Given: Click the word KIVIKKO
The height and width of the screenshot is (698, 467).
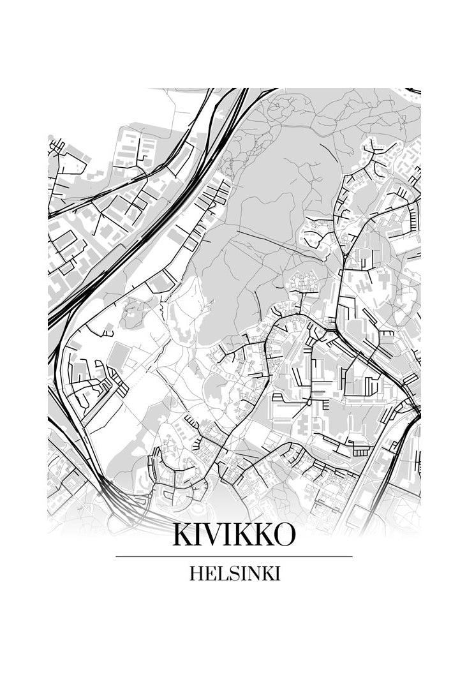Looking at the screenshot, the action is [233, 535].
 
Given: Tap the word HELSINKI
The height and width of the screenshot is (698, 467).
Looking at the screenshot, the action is [234, 574].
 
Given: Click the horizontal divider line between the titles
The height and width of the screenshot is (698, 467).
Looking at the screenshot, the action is [233, 556].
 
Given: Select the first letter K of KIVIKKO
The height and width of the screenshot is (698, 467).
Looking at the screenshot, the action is [181, 535].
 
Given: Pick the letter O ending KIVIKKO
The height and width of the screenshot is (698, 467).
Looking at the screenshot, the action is [285, 535].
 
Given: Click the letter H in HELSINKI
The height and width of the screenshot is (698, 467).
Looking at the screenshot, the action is [196, 574].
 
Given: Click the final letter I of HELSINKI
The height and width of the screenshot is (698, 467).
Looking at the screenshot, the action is [277, 574].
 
